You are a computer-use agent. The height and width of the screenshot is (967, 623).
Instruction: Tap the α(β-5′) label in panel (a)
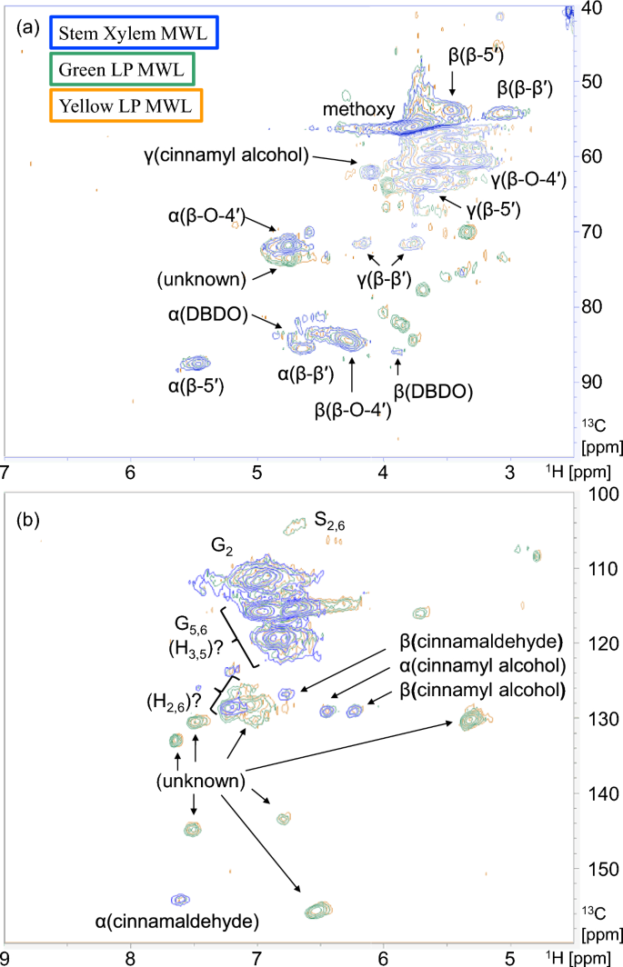pos(196,387)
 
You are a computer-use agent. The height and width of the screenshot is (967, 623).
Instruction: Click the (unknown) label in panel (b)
pos(199,780)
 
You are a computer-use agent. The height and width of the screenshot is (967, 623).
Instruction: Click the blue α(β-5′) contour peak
pos(196,364)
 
